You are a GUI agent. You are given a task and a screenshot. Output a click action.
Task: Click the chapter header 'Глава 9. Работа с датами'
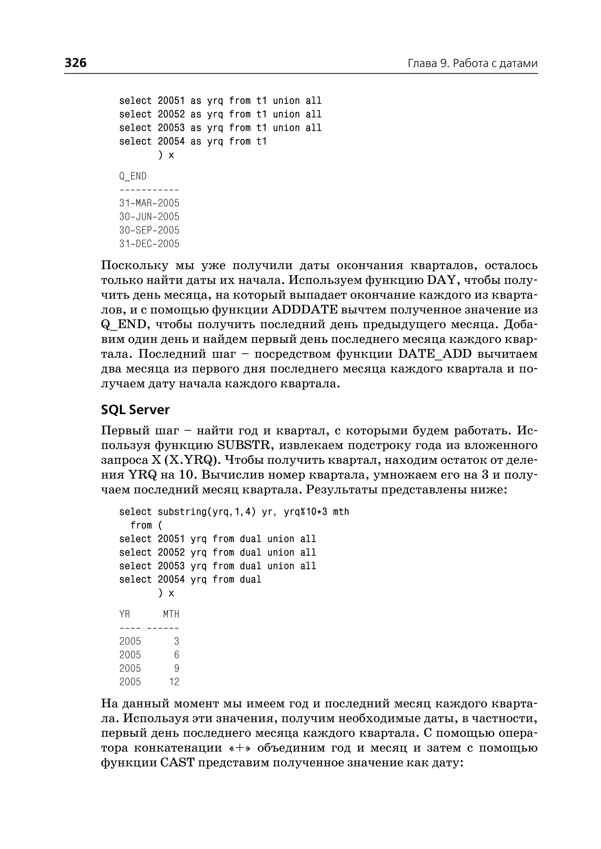point(472,63)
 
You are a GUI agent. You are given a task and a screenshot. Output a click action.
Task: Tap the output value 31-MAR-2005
point(149,203)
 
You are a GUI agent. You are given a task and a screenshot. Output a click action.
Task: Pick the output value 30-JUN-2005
point(149,217)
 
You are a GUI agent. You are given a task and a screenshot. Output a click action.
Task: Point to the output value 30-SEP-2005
point(149,230)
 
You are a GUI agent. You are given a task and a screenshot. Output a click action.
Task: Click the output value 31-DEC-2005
point(149,244)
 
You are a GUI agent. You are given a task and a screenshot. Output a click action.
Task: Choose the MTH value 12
point(174,682)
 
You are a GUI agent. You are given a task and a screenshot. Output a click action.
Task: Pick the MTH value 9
point(177,668)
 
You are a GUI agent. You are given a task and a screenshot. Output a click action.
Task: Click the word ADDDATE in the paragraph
point(305,309)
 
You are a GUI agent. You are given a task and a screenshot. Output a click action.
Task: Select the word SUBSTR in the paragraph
point(245,445)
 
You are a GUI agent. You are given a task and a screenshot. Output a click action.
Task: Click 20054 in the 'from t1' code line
point(171,141)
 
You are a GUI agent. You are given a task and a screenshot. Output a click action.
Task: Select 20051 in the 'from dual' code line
point(171,539)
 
